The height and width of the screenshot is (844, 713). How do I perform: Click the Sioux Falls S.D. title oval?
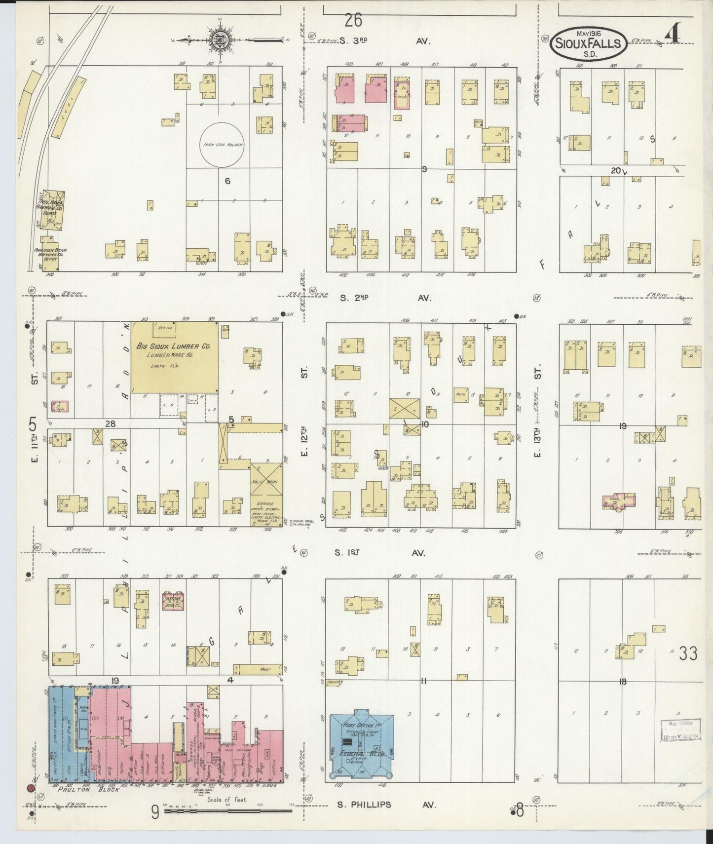coord(588,44)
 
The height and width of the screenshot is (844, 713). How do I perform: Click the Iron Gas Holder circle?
coord(222,145)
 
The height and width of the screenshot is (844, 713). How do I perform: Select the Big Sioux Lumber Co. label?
coord(173,346)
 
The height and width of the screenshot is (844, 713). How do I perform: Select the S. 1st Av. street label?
coord(380,553)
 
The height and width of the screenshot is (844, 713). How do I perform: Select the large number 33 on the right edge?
coord(688,654)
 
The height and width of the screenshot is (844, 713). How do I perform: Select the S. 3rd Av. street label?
coord(385,41)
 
